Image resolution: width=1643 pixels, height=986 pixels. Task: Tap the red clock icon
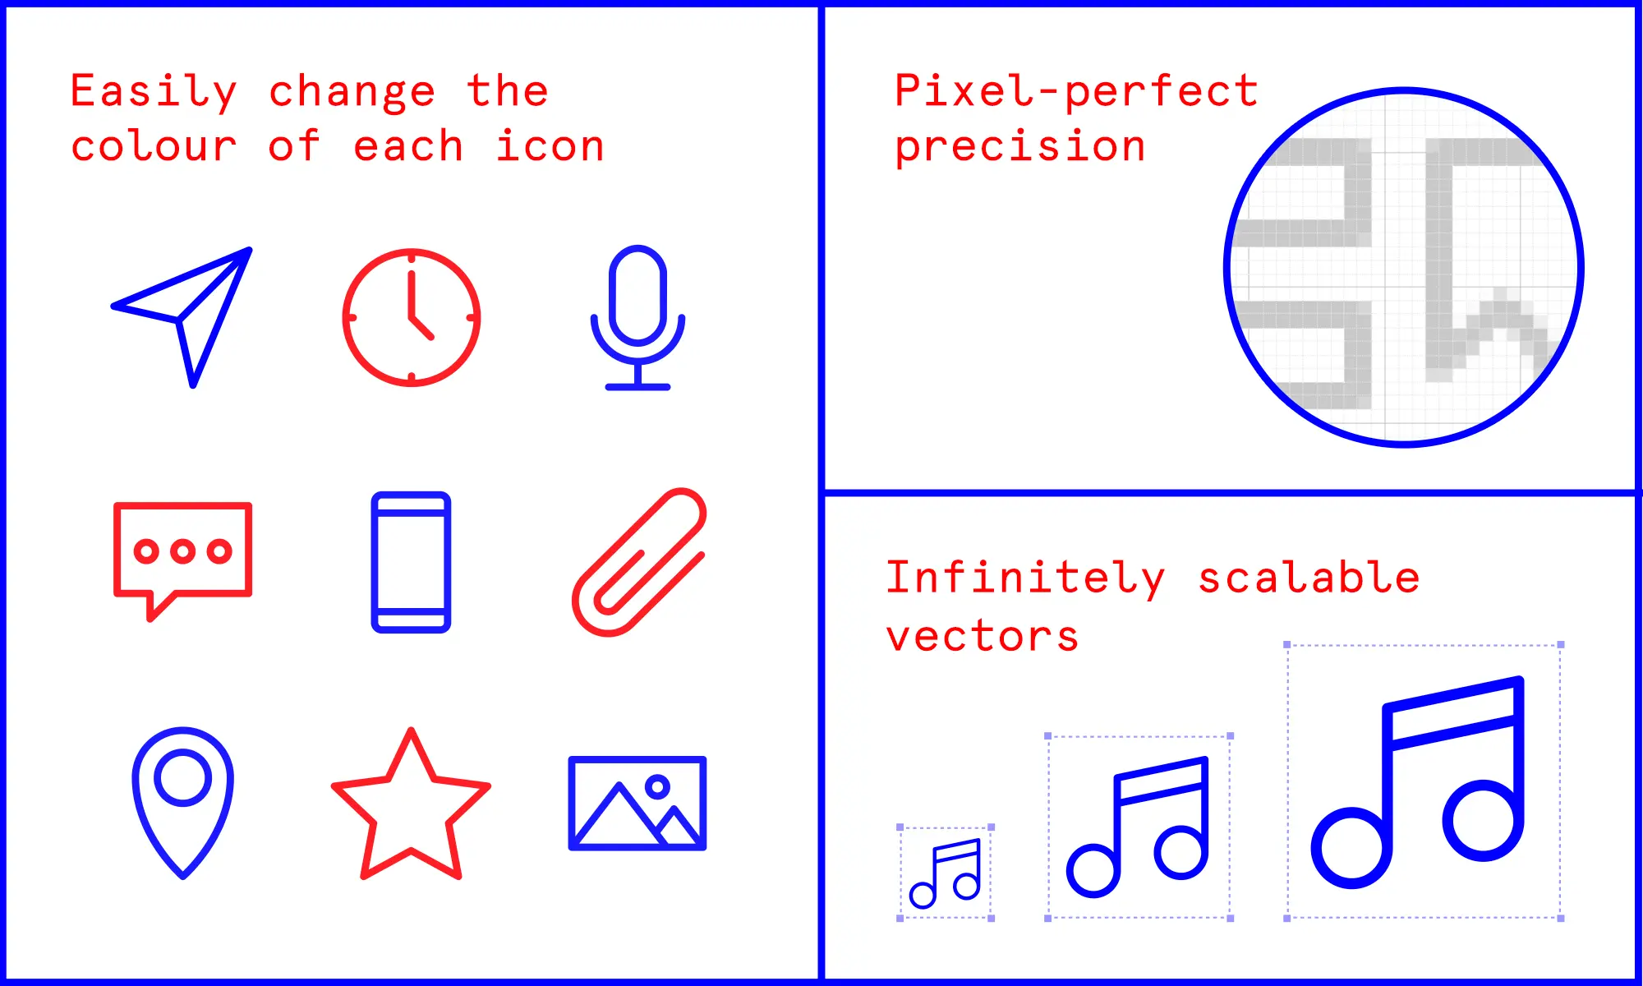[412, 317]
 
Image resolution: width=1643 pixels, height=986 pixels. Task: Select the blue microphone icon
[637, 316]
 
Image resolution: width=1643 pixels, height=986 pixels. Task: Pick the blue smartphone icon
[411, 562]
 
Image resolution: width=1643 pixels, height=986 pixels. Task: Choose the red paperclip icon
[639, 562]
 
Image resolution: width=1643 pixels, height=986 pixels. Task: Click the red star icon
[411, 809]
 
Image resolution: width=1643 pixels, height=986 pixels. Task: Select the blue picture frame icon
[637, 803]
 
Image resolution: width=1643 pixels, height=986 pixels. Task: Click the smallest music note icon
[946, 873]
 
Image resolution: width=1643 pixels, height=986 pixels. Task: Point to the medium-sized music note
[1139, 827]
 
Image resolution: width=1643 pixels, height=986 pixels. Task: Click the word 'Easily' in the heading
[154, 91]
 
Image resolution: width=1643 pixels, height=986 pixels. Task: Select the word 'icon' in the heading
[550, 147]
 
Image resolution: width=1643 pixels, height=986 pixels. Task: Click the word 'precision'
[1019, 148]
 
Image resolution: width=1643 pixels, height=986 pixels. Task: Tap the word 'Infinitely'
[1025, 578]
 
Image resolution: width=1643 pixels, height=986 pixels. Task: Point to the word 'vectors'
[982, 636]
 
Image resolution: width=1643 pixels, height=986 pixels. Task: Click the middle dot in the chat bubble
[182, 551]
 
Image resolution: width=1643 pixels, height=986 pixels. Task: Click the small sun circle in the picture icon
[657, 787]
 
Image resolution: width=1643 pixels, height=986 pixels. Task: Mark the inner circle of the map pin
[183, 776]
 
